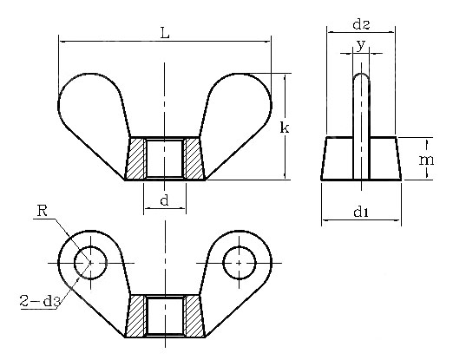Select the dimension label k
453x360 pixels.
(x=283, y=128)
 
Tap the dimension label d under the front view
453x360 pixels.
(x=164, y=200)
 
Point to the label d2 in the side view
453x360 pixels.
(x=359, y=21)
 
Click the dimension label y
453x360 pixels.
(x=360, y=43)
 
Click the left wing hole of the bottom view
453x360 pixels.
(x=89, y=261)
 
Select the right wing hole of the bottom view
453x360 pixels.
(x=238, y=261)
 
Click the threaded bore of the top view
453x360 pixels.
(x=164, y=159)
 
